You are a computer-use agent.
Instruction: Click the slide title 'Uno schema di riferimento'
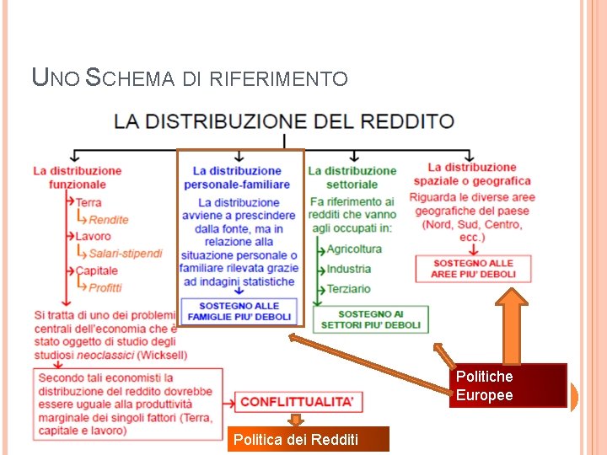(189, 78)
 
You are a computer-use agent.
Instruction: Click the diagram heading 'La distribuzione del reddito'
(285, 121)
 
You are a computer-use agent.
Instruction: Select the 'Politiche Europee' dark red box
(508, 386)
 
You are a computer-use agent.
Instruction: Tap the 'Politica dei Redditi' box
(308, 439)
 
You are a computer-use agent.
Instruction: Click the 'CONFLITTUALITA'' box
(296, 402)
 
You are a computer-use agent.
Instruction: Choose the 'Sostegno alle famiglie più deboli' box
(239, 311)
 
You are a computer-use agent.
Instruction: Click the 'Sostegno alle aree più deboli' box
(473, 269)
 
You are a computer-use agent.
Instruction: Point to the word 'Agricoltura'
(354, 249)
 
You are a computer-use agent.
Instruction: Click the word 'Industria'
(348, 269)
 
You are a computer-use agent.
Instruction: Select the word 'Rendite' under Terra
(109, 219)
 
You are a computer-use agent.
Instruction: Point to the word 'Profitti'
(105, 287)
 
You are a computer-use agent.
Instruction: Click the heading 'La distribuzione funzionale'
(78, 177)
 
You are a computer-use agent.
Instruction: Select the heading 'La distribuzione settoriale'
(352, 177)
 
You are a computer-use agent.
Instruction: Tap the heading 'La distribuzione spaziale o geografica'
(472, 174)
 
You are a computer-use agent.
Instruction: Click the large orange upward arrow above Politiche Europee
(512, 324)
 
